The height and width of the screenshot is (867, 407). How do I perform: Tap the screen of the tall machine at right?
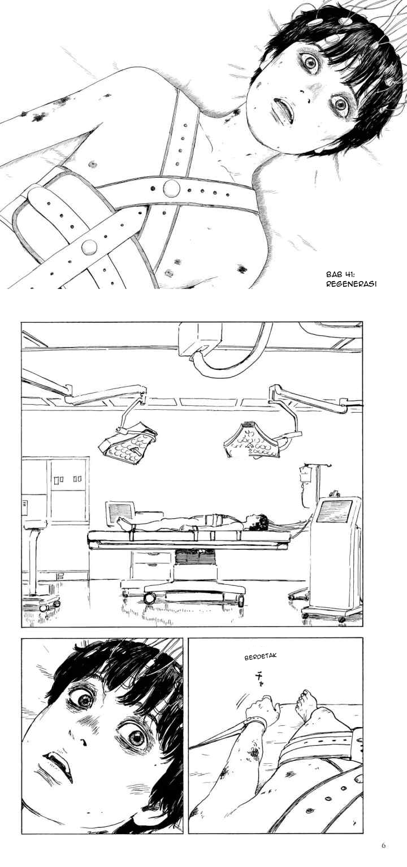pyautogui.click(x=336, y=510)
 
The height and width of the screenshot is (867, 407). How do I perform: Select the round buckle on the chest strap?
pyautogui.click(x=171, y=189)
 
